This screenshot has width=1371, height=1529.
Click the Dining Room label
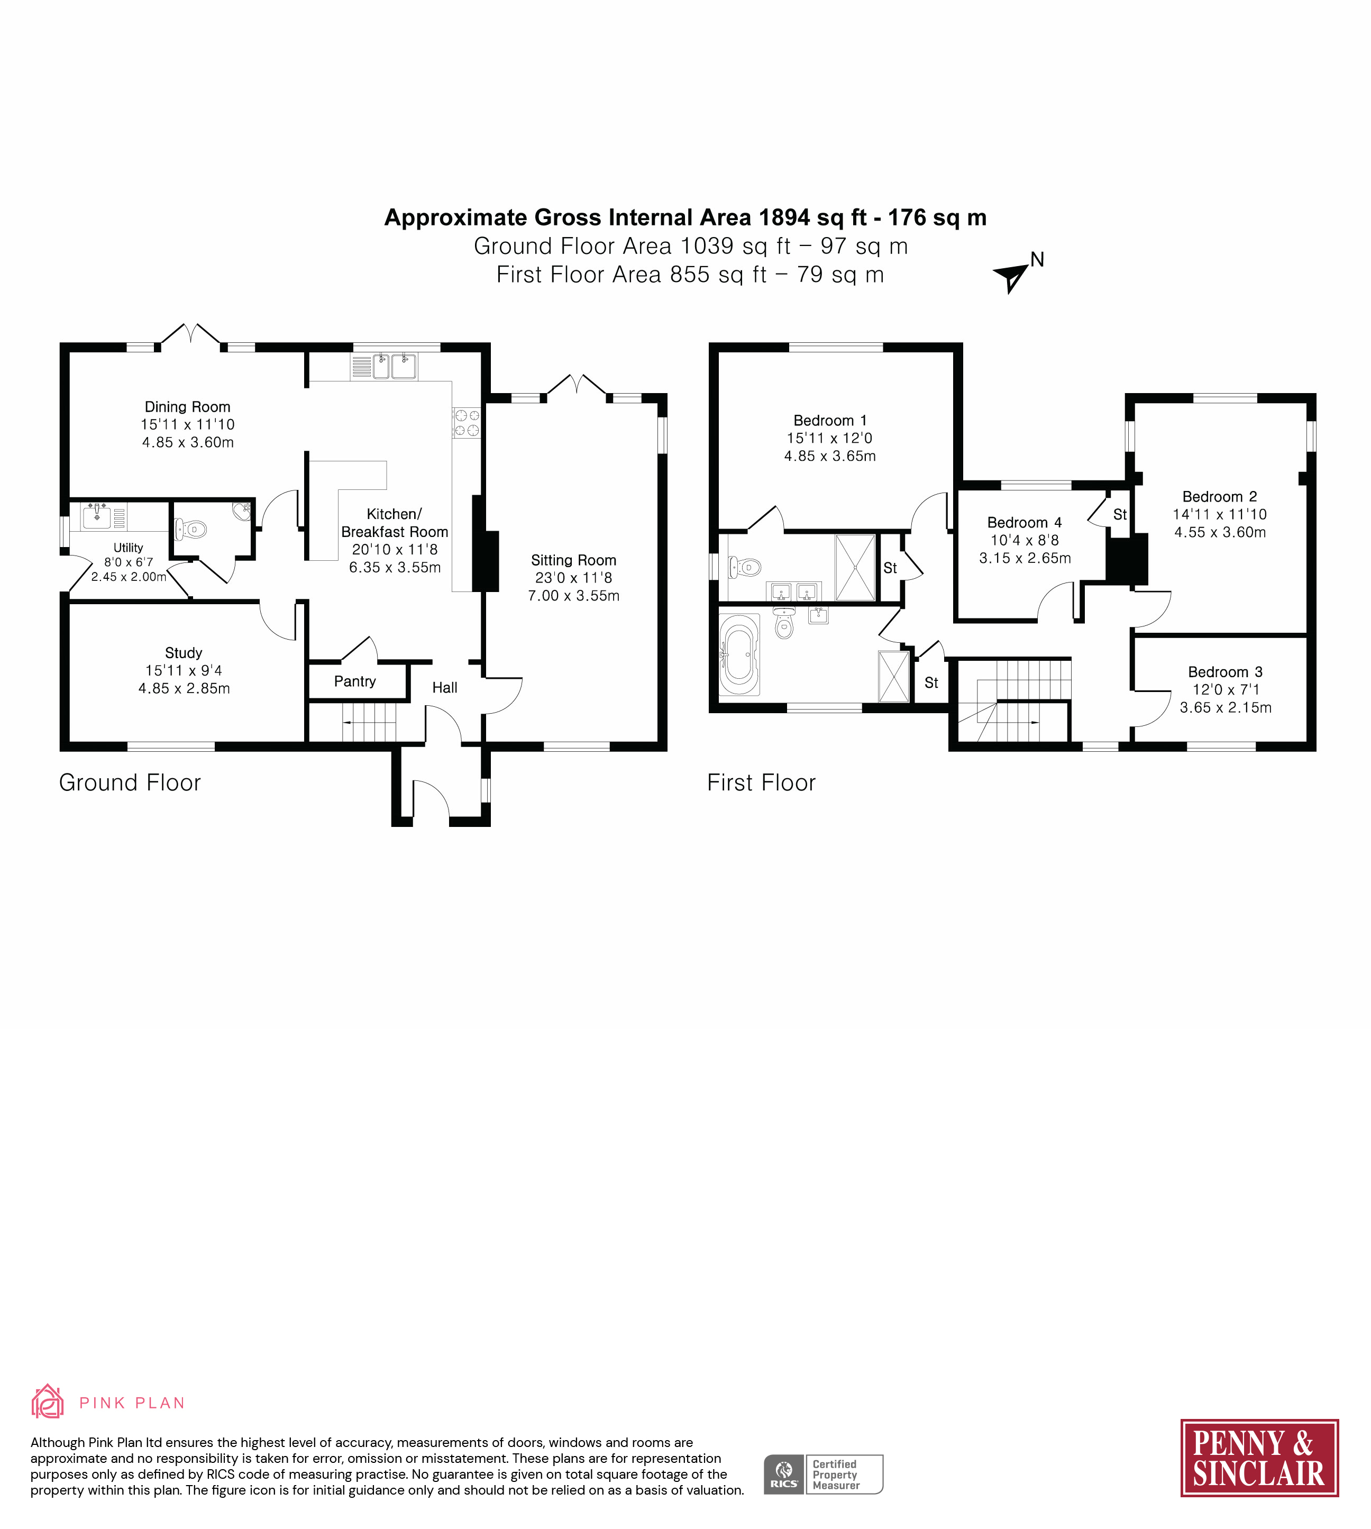pyautogui.click(x=188, y=407)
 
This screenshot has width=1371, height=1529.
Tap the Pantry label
pyautogui.click(x=355, y=681)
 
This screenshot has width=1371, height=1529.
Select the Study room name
pyautogui.click(x=184, y=652)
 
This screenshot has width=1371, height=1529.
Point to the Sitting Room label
pyautogui.click(x=573, y=560)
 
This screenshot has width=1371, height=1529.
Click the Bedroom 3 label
pyautogui.click(x=1225, y=671)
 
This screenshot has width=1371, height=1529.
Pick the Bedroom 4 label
pyautogui.click(x=1025, y=522)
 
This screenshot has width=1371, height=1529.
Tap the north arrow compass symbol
pyautogui.click(x=1012, y=277)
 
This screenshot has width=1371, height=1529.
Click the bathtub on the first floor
pyautogui.click(x=739, y=653)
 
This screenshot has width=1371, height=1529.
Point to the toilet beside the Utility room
pyautogui.click(x=192, y=530)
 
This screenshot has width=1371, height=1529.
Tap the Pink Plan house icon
pyautogui.click(x=47, y=1401)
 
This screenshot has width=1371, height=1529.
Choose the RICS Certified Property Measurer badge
pyautogui.click(x=824, y=1474)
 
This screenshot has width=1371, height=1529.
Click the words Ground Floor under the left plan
pyautogui.click(x=130, y=783)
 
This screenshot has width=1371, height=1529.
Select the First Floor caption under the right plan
pyautogui.click(x=761, y=783)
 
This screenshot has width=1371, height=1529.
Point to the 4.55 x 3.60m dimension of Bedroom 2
pyautogui.click(x=1220, y=532)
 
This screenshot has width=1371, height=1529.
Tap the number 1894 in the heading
pyautogui.click(x=785, y=218)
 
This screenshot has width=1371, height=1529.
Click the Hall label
pyautogui.click(x=444, y=688)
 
